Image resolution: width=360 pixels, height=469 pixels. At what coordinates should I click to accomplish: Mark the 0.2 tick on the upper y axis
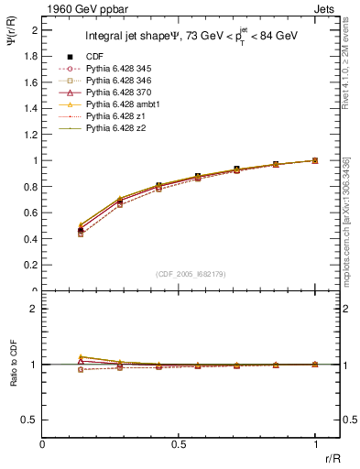pos(33,265)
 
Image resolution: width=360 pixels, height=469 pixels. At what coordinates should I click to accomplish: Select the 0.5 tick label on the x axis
pos(179,445)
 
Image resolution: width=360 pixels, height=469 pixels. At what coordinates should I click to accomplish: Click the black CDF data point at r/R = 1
pos(315,160)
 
